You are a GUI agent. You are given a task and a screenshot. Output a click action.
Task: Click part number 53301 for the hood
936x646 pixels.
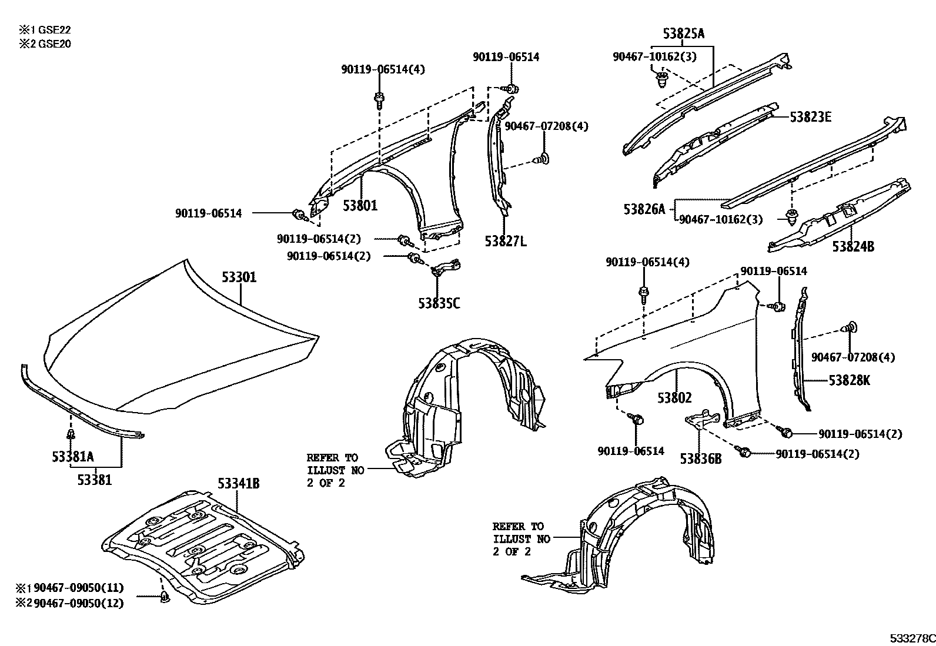239,277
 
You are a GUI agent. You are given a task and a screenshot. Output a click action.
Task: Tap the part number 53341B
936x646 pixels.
238,484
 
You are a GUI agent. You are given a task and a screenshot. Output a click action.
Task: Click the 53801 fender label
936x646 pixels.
360,205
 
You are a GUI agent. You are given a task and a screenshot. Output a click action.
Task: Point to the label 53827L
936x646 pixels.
506,241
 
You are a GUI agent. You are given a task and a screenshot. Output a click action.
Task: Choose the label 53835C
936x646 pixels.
439,303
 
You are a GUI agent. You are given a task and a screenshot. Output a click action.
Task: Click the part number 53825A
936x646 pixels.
683,34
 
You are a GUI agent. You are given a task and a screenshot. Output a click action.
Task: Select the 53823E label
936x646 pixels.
810,117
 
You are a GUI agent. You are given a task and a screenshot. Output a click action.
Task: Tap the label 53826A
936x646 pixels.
644,209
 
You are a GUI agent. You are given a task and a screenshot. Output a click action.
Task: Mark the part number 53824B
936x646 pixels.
853,247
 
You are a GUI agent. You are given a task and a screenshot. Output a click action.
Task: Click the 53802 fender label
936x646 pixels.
674,398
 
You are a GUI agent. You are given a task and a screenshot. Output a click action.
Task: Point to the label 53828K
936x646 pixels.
849,380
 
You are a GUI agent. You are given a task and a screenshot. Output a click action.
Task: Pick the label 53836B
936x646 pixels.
700,458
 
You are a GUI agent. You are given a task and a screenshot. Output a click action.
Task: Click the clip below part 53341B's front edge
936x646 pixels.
165,598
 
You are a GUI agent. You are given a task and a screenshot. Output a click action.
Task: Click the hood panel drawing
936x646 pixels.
176,341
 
